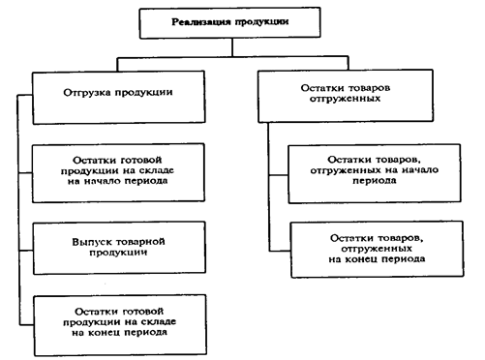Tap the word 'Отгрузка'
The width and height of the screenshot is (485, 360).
86,94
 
